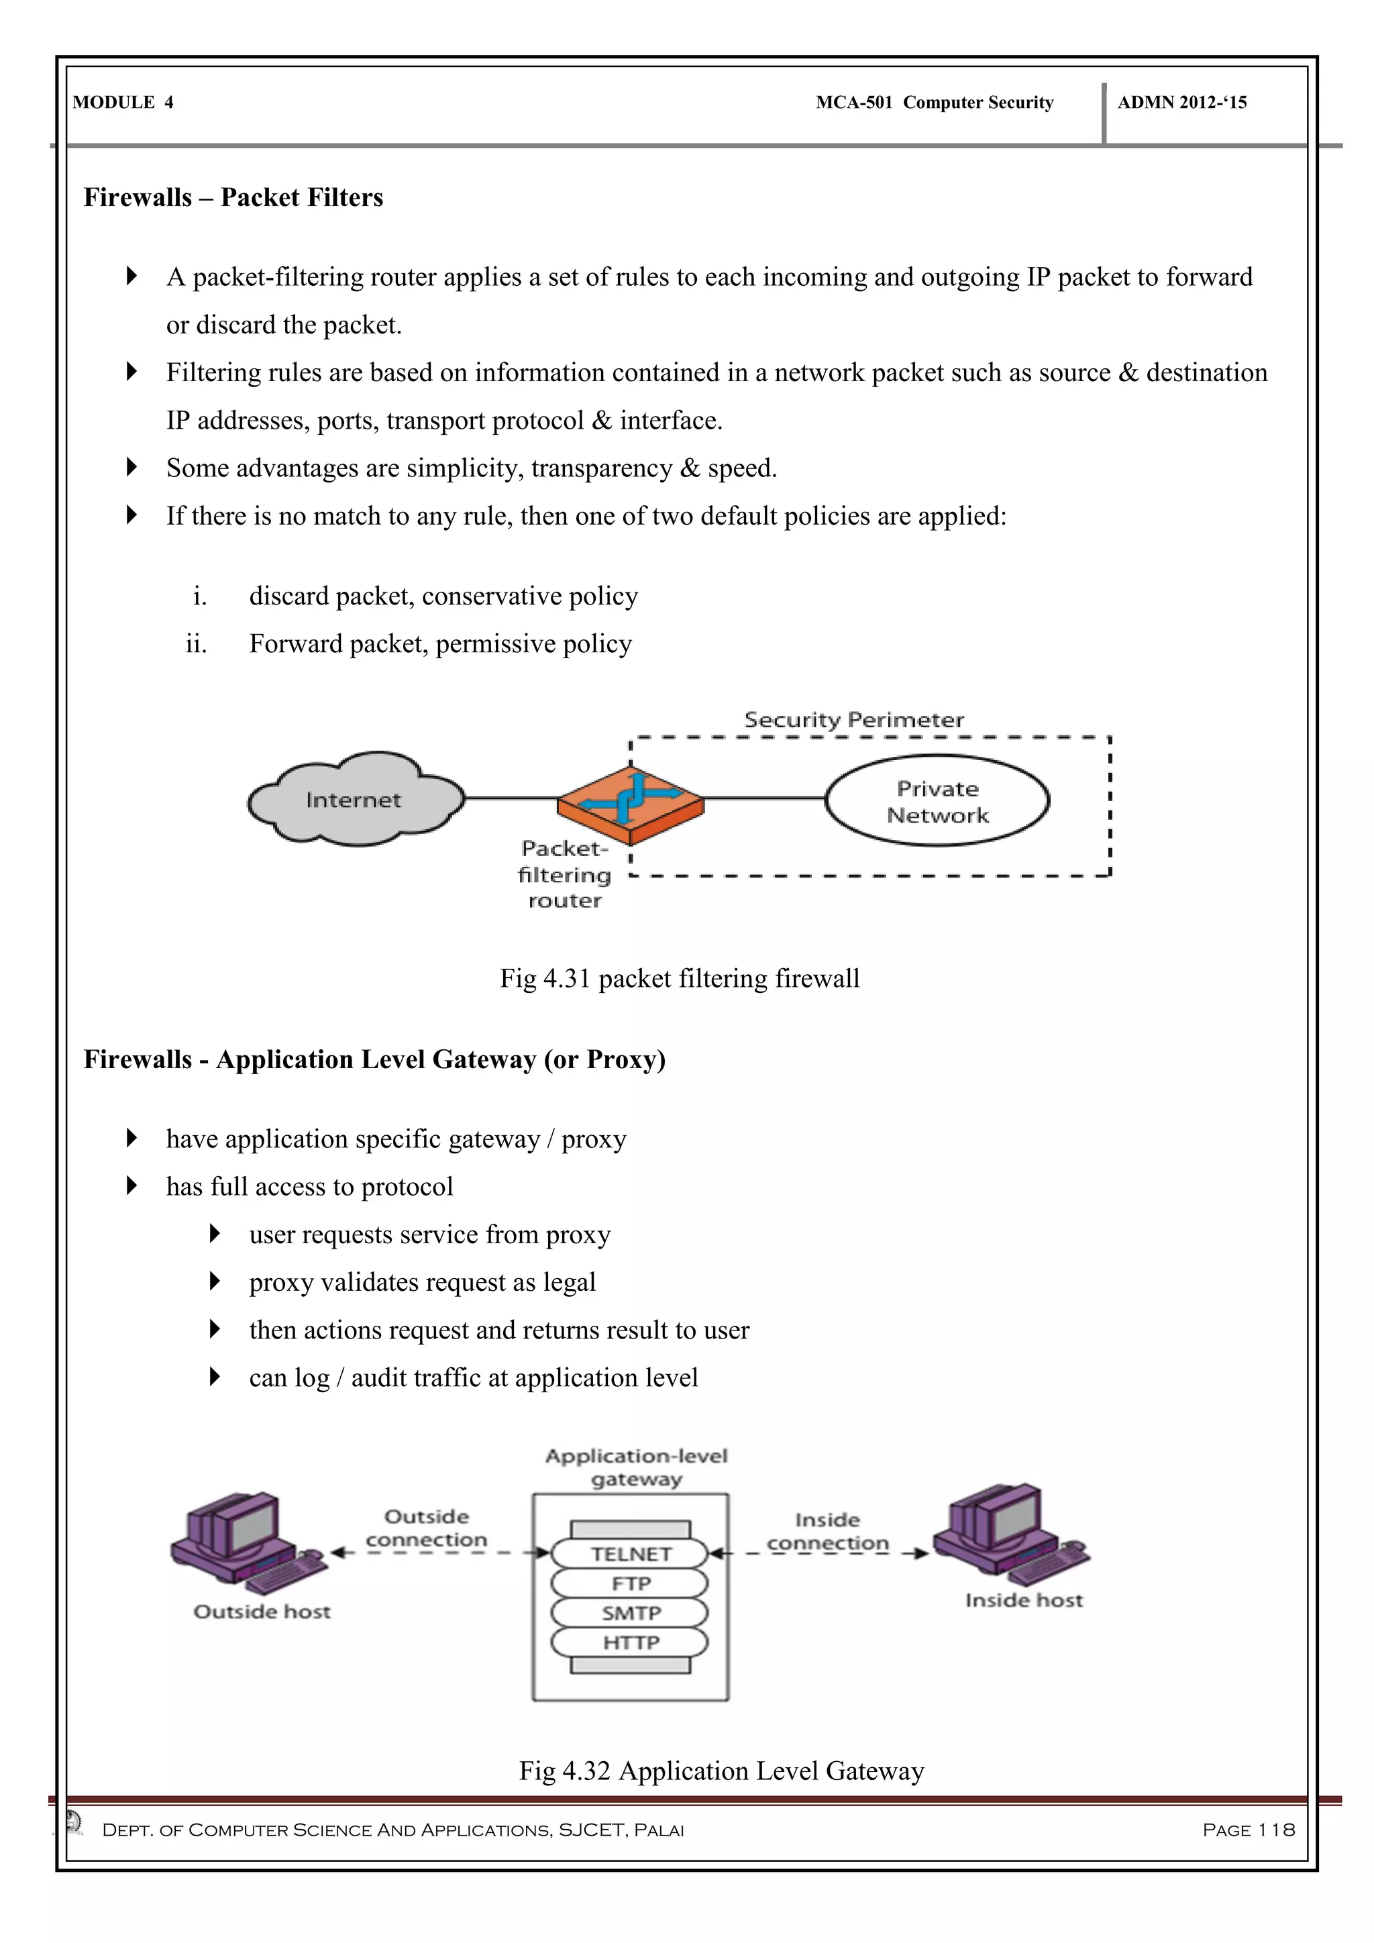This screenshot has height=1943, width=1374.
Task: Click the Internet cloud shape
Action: pos(356,799)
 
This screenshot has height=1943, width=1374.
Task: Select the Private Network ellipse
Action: pos(937,800)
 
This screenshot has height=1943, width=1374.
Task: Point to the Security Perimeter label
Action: pos(853,720)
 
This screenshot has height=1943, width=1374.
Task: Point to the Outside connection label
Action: pos(427,1528)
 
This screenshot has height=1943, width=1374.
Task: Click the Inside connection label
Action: pos(827,1532)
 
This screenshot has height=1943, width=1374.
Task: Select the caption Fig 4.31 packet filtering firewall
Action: pos(680,978)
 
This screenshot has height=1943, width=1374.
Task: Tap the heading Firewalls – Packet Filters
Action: pos(233,197)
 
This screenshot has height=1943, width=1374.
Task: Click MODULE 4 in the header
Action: pos(123,103)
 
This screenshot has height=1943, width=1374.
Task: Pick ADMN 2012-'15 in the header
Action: pos(1182,103)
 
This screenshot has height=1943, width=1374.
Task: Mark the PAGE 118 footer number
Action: pos(1248,1830)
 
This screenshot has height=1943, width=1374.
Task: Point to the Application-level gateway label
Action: pos(636,1467)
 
